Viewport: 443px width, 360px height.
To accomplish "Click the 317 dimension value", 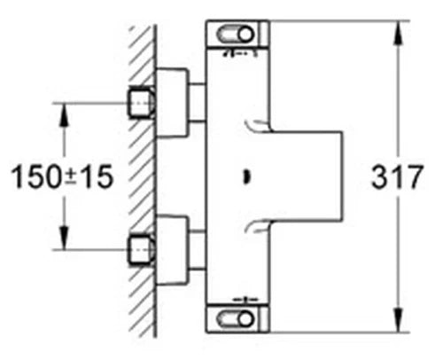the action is pos(397,176).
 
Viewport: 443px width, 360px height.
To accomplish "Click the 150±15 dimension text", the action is pos(62,176).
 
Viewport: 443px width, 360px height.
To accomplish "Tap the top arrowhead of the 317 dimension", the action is pos(398,33).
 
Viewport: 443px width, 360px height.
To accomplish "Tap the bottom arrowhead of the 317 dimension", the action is pos(398,320).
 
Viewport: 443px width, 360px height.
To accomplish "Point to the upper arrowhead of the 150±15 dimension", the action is pos(64,115).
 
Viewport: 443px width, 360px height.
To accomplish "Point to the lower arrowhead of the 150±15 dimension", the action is pos(64,238).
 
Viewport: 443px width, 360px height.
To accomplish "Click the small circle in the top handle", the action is pos(246,35).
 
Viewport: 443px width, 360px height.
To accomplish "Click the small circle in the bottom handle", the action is pos(246,319).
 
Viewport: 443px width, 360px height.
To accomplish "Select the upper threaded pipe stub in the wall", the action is pos(142,103).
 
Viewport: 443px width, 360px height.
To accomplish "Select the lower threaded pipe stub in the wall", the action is pos(142,250).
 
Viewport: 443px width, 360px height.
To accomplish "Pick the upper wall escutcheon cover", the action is pos(172,103).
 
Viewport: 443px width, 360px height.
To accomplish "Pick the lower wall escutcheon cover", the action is pos(172,250).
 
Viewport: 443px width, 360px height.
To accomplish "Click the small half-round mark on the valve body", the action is pos(246,177).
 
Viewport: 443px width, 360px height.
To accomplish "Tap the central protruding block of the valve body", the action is pos(307,176).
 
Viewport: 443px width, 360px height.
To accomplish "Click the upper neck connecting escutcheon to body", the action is pos(197,103).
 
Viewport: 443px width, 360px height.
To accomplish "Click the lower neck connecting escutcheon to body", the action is pos(197,250).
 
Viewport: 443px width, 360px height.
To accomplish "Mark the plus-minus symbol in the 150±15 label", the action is pos(70,176).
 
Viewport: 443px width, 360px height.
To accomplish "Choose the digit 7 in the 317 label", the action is pos(414,176).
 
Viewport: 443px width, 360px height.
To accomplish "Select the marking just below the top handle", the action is pos(241,53).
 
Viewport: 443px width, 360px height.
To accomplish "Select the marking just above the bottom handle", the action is pos(245,300).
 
